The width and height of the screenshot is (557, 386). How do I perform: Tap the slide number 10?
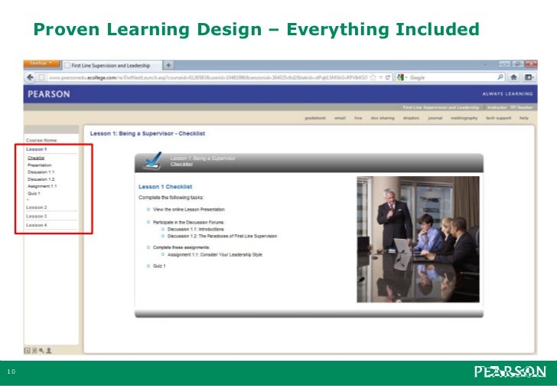(13, 372)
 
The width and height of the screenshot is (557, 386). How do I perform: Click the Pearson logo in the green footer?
(510, 372)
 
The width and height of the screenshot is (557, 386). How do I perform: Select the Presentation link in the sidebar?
(40, 165)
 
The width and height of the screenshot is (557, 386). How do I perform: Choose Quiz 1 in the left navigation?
(34, 194)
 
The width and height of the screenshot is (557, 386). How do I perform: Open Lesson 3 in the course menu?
(37, 217)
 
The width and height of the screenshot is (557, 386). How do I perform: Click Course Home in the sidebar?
(41, 141)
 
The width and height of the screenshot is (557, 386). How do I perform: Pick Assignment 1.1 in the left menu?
(42, 186)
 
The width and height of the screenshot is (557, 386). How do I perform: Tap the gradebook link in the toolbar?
(314, 119)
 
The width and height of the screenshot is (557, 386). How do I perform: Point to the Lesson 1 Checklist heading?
(164, 187)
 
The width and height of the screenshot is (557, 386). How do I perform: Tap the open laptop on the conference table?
(402, 245)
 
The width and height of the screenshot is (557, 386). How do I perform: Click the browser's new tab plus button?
(168, 64)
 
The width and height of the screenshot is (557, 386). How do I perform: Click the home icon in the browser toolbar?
(513, 77)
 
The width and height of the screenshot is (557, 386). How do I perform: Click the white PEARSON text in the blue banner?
(49, 94)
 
